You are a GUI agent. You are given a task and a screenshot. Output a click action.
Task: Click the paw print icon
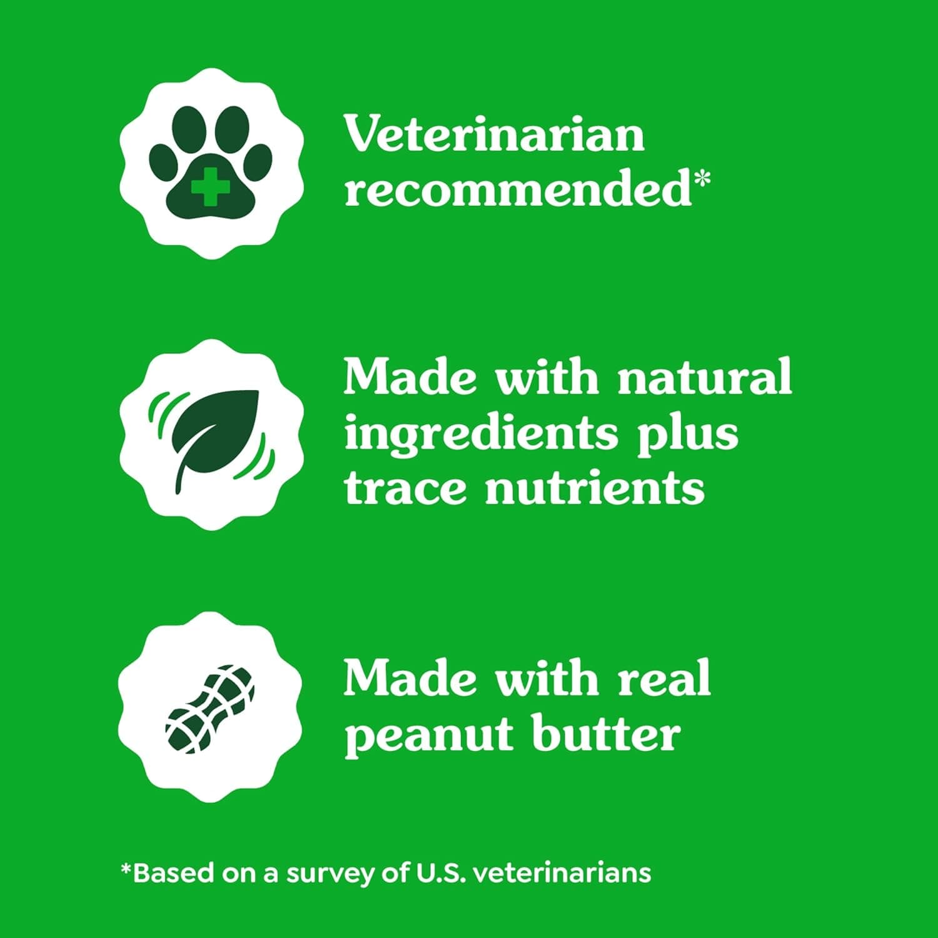click(x=211, y=164)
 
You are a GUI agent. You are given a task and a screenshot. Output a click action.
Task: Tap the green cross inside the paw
click(x=211, y=185)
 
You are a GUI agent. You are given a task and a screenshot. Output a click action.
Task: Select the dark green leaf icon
click(x=213, y=435)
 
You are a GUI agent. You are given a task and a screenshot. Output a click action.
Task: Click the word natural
click(x=705, y=377)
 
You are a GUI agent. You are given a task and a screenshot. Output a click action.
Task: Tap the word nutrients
click(x=595, y=488)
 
